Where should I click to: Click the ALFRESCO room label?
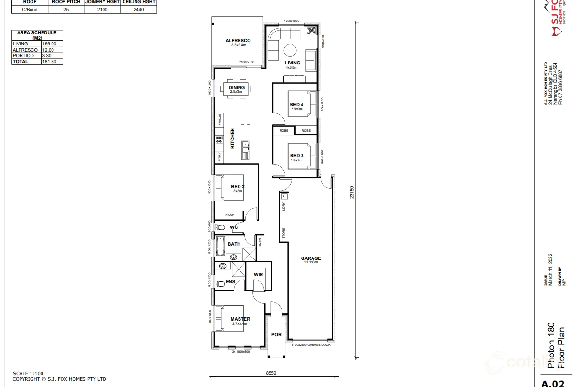(238, 41)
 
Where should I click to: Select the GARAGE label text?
(311, 258)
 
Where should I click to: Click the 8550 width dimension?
(271, 373)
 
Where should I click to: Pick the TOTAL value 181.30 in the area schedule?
(49, 62)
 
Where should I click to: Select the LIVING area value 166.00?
(49, 44)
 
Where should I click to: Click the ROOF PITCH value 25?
(66, 9)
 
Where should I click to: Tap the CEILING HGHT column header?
(138, 2)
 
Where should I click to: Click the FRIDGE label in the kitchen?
(220, 119)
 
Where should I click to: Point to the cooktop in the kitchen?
(219, 140)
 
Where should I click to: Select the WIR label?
(258, 275)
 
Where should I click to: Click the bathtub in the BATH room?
(220, 247)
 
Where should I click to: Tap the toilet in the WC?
(220, 227)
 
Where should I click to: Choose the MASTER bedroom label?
(240, 319)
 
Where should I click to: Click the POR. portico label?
(277, 335)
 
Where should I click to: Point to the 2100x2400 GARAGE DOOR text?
(311, 344)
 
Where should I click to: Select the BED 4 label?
(296, 105)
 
